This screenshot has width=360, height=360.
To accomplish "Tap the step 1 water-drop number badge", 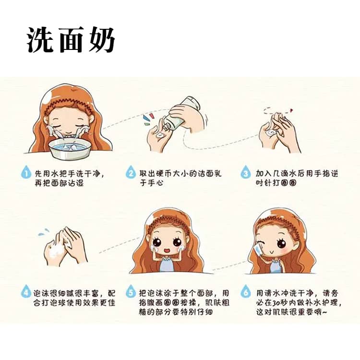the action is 26,173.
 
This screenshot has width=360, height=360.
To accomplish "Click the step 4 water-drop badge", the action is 26,292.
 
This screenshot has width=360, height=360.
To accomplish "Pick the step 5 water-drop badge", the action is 131,292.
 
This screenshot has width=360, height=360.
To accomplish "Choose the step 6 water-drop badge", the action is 246,292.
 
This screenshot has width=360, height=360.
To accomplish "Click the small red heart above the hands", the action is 291,110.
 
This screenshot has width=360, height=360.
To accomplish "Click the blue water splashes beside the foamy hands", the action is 44,232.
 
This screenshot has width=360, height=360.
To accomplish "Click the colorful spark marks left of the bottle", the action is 148,119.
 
